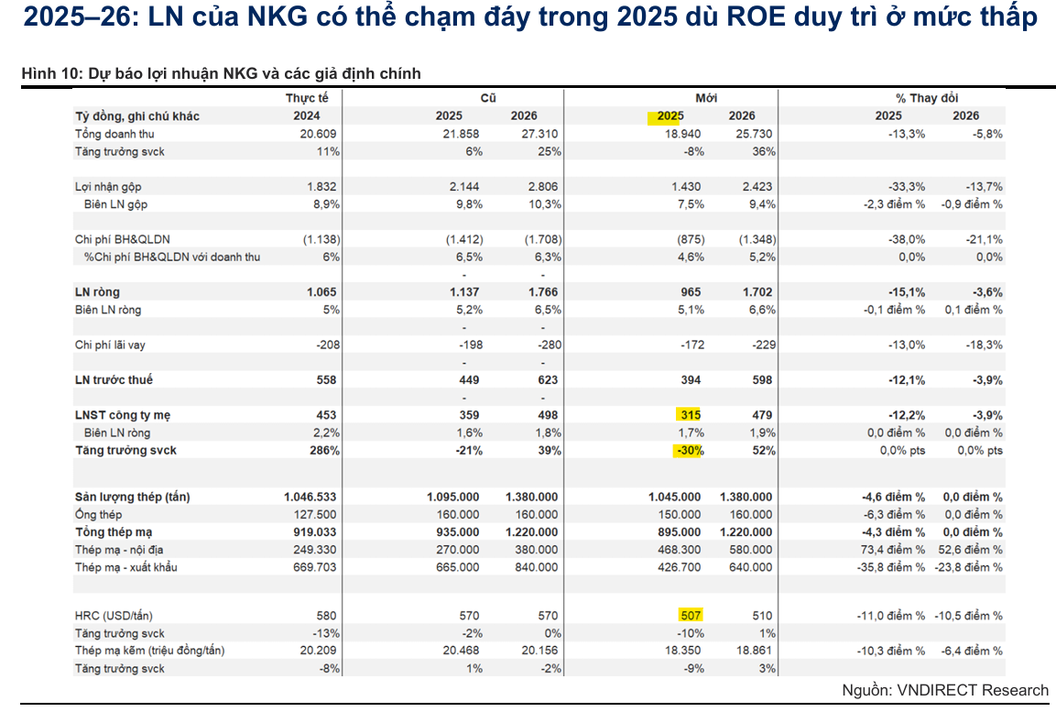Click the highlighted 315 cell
[691, 415]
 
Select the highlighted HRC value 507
[691, 616]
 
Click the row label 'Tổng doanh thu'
[114, 134]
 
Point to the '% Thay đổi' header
[927, 98]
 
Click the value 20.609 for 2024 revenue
[321, 134]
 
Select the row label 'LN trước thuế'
[114, 380]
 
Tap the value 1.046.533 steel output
[310, 497]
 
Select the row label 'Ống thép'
[98, 515]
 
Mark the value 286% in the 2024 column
[324, 451]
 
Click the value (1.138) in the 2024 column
[321, 239]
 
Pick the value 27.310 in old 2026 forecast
[537, 134]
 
